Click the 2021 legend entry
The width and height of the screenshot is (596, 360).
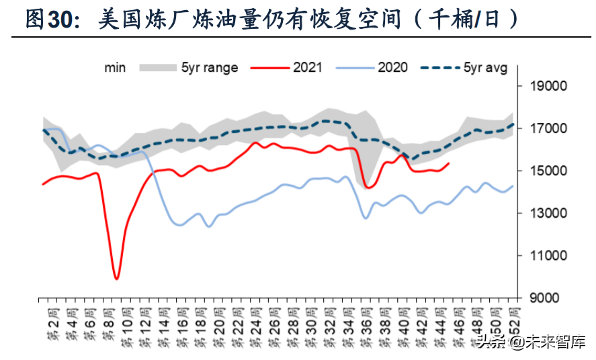pos(307,67)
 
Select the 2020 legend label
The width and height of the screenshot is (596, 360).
pos(392,67)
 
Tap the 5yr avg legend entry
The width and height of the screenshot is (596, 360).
pos(485,67)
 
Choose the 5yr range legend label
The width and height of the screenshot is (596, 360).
pos(209,67)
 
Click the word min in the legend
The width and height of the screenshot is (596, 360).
pos(115,67)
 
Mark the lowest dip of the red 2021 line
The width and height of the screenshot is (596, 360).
pos(117,278)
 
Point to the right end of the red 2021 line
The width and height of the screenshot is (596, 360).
pos(449,163)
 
